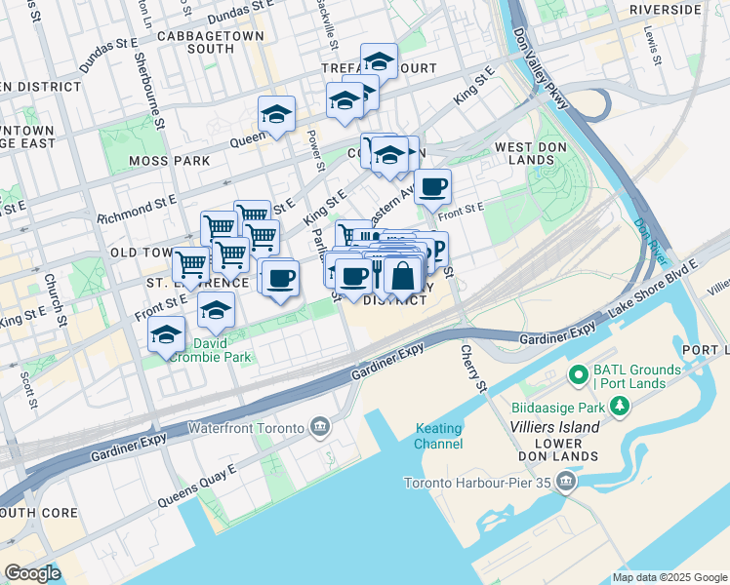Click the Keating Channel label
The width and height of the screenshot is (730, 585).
pos(439,436)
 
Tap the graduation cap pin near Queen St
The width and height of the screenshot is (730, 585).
pos(276,116)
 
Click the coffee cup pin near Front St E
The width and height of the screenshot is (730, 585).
pos(432,187)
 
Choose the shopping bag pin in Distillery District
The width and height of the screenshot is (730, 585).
pos(402,276)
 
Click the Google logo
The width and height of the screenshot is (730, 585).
pos(32,572)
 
